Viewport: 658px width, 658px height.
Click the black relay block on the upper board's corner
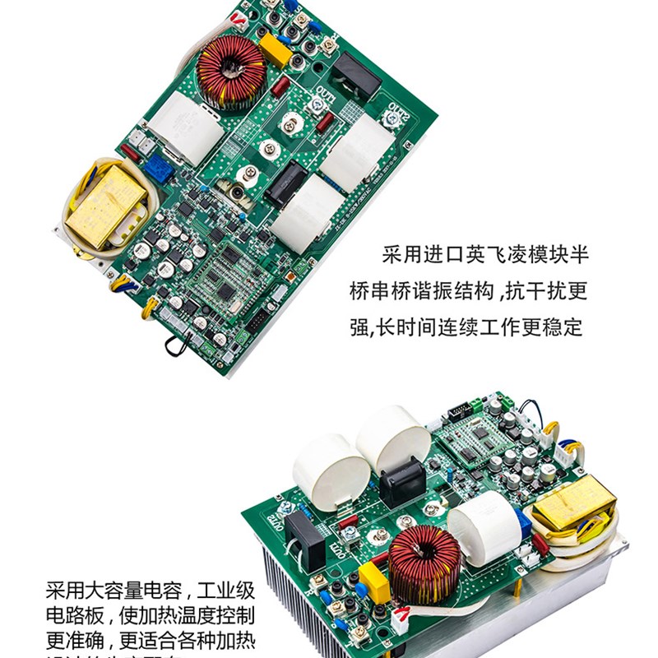click(355, 72)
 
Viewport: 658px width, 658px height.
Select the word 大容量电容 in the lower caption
click(128, 591)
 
